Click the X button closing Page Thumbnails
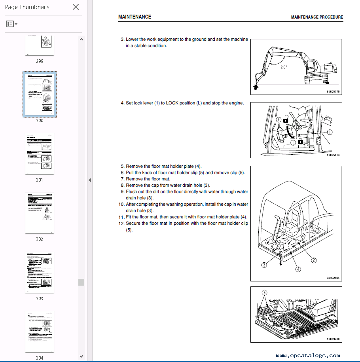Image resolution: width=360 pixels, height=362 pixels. click(76, 7)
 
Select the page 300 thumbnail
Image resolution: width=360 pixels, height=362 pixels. click(40, 94)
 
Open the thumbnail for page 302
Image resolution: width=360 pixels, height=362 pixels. click(40, 213)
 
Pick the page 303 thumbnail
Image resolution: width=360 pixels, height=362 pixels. click(40, 272)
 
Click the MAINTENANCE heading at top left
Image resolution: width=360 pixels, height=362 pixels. click(135, 17)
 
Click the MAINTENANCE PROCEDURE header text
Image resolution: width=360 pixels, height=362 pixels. click(317, 17)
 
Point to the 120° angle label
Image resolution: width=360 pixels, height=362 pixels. click(282, 67)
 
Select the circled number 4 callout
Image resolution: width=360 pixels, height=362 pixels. click(298, 269)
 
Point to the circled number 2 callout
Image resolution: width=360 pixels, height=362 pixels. click(313, 260)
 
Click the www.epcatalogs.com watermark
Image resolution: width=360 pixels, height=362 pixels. click(308, 356)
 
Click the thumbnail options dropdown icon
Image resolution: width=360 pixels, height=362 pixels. click(11, 24)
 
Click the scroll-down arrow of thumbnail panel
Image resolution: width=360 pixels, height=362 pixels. click(81, 356)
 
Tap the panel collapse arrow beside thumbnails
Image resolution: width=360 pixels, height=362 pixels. click(90, 180)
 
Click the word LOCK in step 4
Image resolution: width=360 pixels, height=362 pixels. click(172, 103)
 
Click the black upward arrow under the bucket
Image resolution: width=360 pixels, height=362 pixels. click(255, 87)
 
